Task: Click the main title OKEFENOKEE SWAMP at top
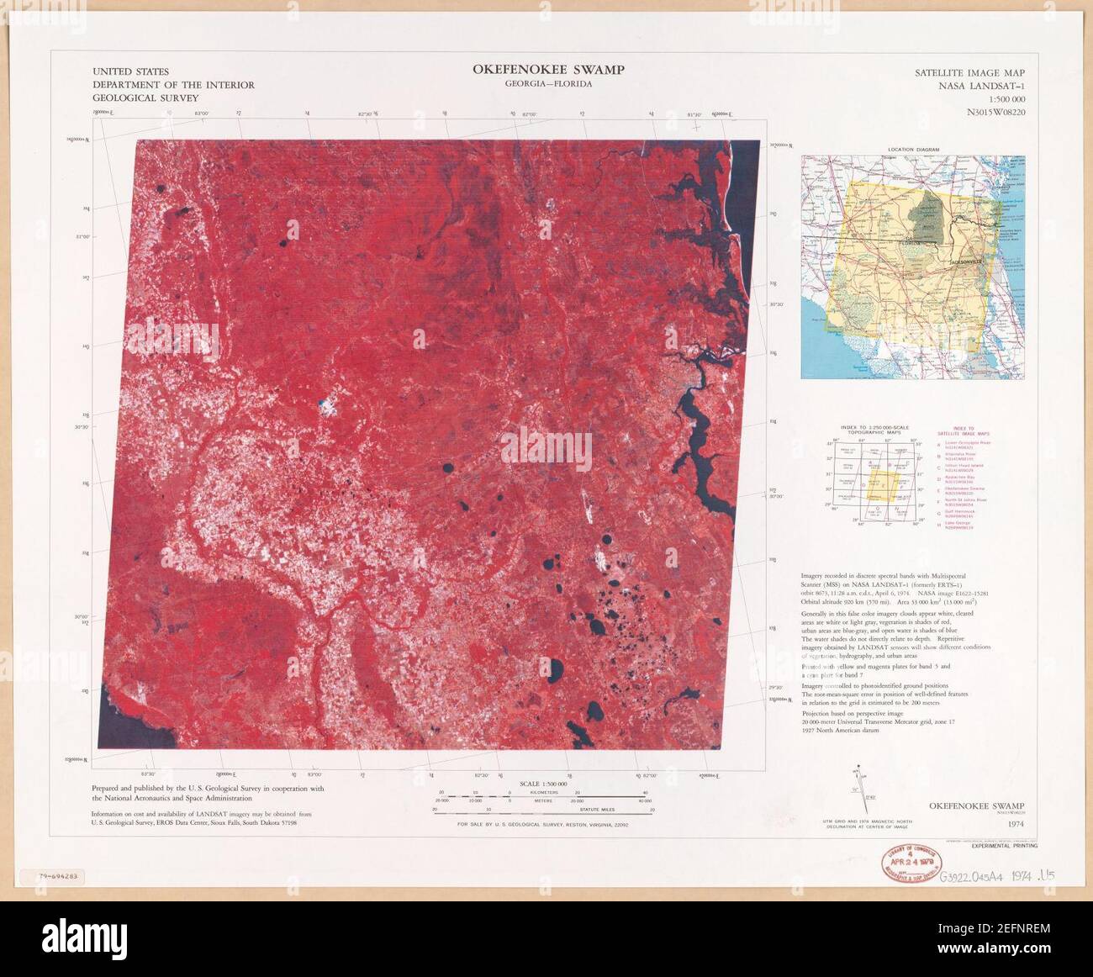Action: pyautogui.click(x=548, y=70)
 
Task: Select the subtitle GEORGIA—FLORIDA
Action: pyautogui.click(x=548, y=84)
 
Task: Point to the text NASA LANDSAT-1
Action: pyautogui.click(x=983, y=86)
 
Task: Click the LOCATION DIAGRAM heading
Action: pyautogui.click(x=913, y=150)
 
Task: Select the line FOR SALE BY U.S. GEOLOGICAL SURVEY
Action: pyautogui.click(x=542, y=826)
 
